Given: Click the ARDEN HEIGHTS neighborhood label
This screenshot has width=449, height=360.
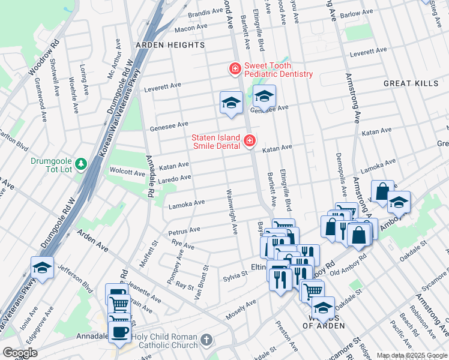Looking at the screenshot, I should pyautogui.click(x=170, y=45).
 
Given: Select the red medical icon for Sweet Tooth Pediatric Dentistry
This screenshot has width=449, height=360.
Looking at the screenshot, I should pyautogui.click(x=235, y=70).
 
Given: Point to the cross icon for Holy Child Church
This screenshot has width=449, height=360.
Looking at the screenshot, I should pyautogui.click(x=206, y=340).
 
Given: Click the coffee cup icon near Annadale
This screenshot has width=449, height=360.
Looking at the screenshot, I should pyautogui.click(x=119, y=331).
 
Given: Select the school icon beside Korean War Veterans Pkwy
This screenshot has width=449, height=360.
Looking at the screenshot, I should pyautogui.click(x=42, y=268).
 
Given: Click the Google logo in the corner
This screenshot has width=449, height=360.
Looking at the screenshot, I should pyautogui.click(x=20, y=353).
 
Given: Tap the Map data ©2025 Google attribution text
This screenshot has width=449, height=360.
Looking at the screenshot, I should pyautogui.click(x=411, y=355).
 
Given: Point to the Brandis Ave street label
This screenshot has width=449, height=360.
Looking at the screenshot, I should pyautogui.click(x=205, y=13).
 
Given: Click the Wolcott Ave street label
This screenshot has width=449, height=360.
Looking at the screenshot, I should pyautogui.click(x=127, y=172).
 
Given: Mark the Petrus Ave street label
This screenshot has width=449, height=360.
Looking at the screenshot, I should pyautogui.click(x=184, y=230).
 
